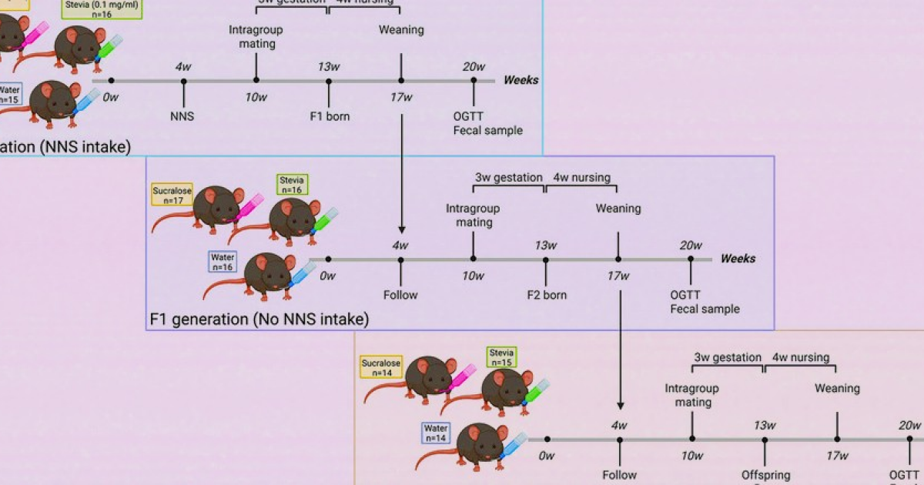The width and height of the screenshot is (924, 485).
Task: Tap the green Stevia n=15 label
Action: (x=501, y=357)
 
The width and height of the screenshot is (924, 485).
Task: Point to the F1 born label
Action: (x=329, y=116)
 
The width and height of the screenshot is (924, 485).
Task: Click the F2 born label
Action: (x=546, y=295)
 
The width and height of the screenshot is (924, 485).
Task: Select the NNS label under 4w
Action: (x=183, y=116)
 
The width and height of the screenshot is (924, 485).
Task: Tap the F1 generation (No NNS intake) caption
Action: (x=259, y=318)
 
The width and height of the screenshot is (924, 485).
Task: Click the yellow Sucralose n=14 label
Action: (x=381, y=367)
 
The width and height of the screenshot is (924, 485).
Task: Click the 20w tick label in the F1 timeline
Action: (x=691, y=246)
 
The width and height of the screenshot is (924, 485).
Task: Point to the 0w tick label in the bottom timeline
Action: (x=547, y=456)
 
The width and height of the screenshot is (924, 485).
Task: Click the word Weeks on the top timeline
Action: (x=521, y=80)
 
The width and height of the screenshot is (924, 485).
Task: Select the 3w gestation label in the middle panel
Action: (x=508, y=178)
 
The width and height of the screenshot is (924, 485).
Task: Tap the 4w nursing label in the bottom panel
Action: (x=801, y=357)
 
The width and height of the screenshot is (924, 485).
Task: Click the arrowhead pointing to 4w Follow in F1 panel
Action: (x=400, y=229)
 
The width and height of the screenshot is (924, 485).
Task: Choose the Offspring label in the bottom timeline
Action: (x=765, y=475)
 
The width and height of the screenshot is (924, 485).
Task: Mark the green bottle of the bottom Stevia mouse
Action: (x=536, y=391)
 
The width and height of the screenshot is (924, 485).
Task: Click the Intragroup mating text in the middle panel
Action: (x=473, y=216)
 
